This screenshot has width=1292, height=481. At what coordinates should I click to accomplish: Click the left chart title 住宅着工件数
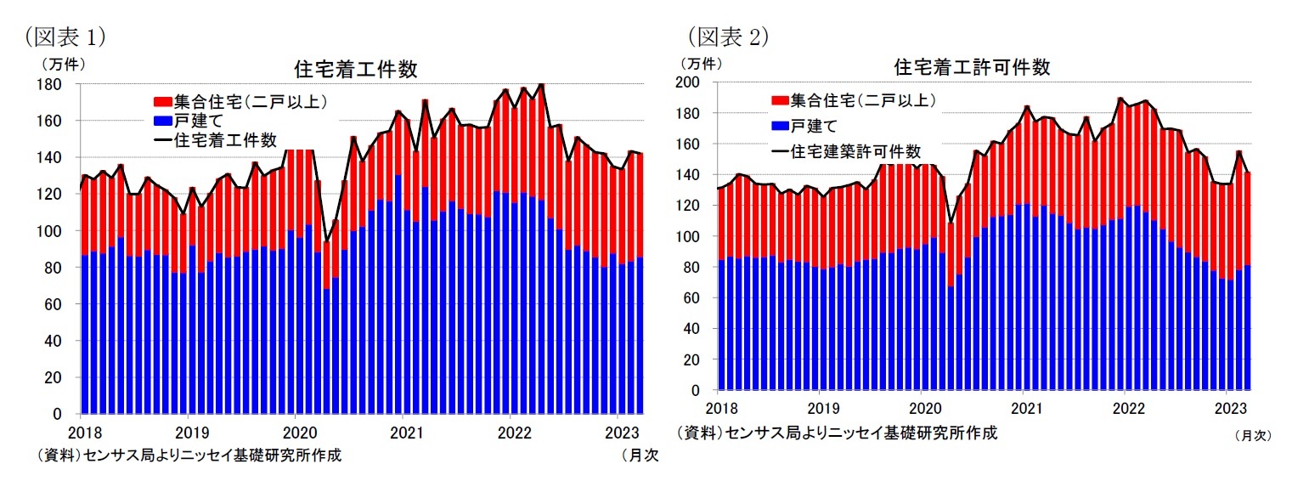355,70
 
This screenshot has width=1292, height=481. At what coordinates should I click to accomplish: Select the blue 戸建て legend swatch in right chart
781,126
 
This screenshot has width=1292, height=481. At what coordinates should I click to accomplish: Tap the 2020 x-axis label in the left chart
294,432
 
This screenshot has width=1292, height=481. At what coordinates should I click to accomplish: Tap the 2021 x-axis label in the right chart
1026,407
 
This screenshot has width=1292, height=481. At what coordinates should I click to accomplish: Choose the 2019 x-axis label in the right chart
820,407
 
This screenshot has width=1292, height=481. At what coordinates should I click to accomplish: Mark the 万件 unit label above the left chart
62,63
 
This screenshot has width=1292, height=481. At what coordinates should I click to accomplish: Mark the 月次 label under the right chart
1252,434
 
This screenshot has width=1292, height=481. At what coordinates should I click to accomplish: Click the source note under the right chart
837,433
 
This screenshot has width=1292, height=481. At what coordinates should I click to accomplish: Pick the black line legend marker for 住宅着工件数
161,139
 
